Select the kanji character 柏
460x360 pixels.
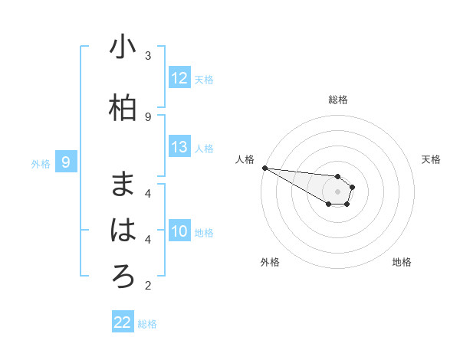pos(123,109)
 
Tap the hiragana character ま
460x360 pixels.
pos(123,184)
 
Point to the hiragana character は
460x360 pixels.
pos(123,230)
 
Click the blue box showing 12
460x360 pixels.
pos(179,78)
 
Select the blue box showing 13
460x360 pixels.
pos(179,147)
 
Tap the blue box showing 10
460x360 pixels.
pos(179,231)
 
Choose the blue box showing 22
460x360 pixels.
pos(123,322)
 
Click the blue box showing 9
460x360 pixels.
pos(66,162)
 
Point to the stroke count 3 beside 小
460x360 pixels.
pos(148,56)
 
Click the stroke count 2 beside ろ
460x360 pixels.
pos(148,286)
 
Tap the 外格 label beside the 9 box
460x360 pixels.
pos(41,163)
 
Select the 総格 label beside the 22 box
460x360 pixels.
pos(147,324)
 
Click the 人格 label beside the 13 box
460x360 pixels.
pos(204,149)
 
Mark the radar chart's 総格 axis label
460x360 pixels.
pos(338,100)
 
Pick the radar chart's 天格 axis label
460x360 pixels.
pos(432,159)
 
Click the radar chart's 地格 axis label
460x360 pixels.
pos(402,262)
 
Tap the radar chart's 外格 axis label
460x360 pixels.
pos(270,262)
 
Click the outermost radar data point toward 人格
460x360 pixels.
pos(264,168)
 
